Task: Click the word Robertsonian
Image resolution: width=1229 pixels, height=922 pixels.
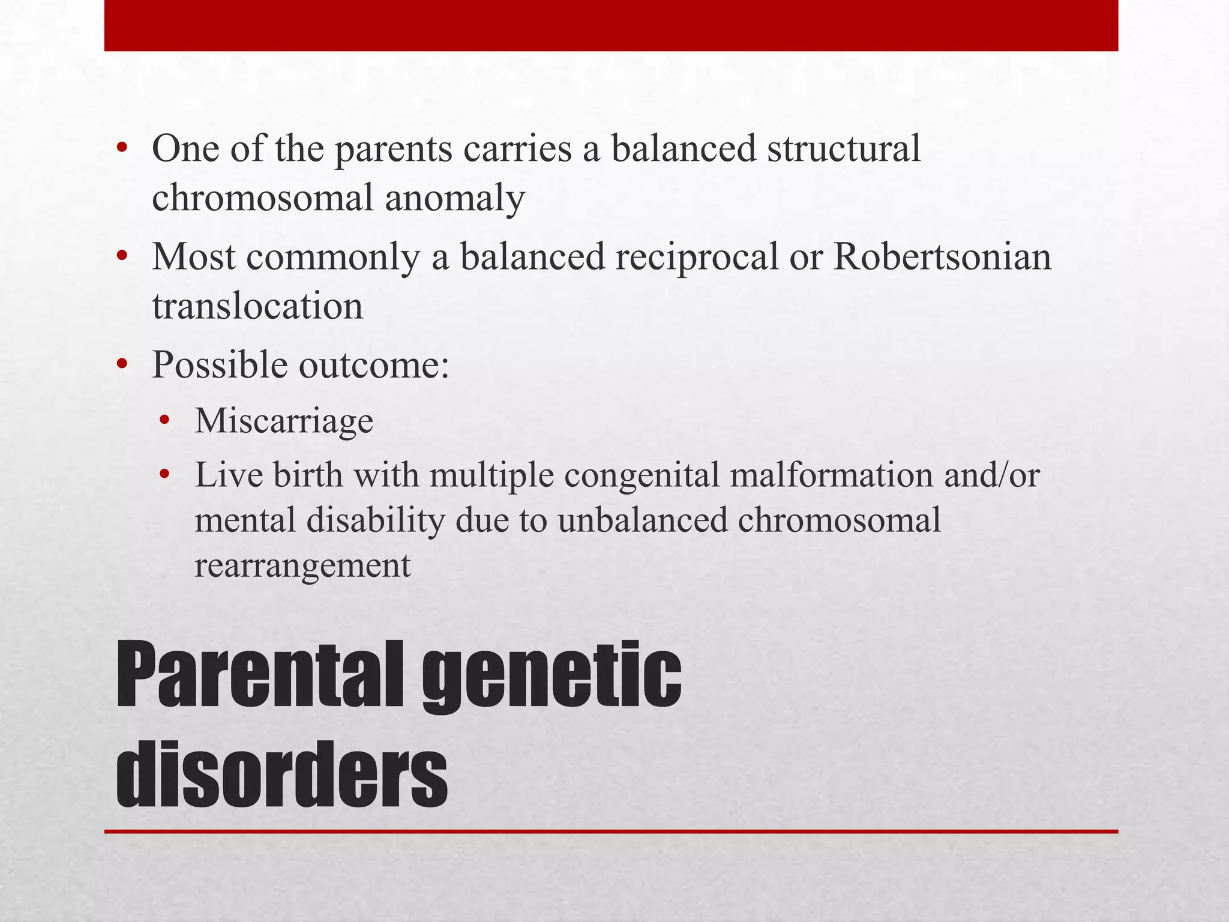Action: [942, 257]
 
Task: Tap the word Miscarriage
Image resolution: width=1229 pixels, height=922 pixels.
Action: [284, 421]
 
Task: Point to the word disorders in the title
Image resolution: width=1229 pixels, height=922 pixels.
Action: [282, 774]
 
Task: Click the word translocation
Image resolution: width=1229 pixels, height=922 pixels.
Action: [257, 306]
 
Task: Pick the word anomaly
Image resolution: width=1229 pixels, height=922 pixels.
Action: [455, 199]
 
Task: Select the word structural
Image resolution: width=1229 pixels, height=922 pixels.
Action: [844, 149]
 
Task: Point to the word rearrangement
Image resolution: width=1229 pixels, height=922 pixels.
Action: [302, 566]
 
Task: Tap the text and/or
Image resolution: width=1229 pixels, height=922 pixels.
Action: [991, 475]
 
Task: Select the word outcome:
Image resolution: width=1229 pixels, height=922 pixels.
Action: [374, 365]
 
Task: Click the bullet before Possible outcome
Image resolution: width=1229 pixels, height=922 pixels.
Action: [122, 364]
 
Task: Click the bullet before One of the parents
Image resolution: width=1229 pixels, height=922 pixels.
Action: [122, 148]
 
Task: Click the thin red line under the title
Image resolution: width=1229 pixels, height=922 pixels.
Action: [611, 831]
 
